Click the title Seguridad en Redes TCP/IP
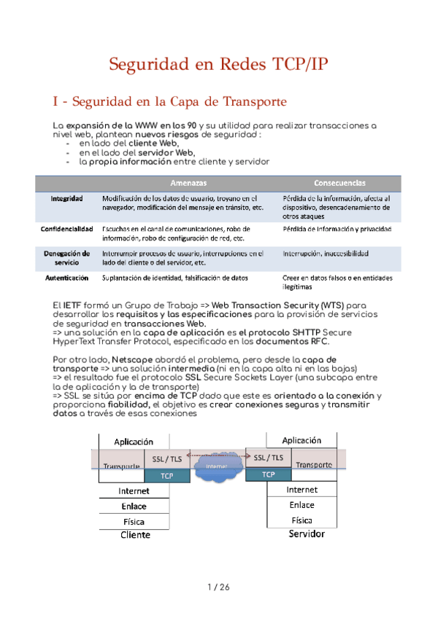(218, 64)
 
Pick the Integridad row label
(66, 198)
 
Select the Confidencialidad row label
(66, 229)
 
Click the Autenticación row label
(66, 278)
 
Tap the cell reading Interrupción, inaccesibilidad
(325, 254)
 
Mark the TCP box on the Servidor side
(268, 474)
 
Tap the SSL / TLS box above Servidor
(269, 458)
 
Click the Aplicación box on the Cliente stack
(134, 441)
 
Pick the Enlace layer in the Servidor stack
(301, 505)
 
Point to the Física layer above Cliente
(134, 522)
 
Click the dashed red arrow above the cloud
(218, 454)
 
